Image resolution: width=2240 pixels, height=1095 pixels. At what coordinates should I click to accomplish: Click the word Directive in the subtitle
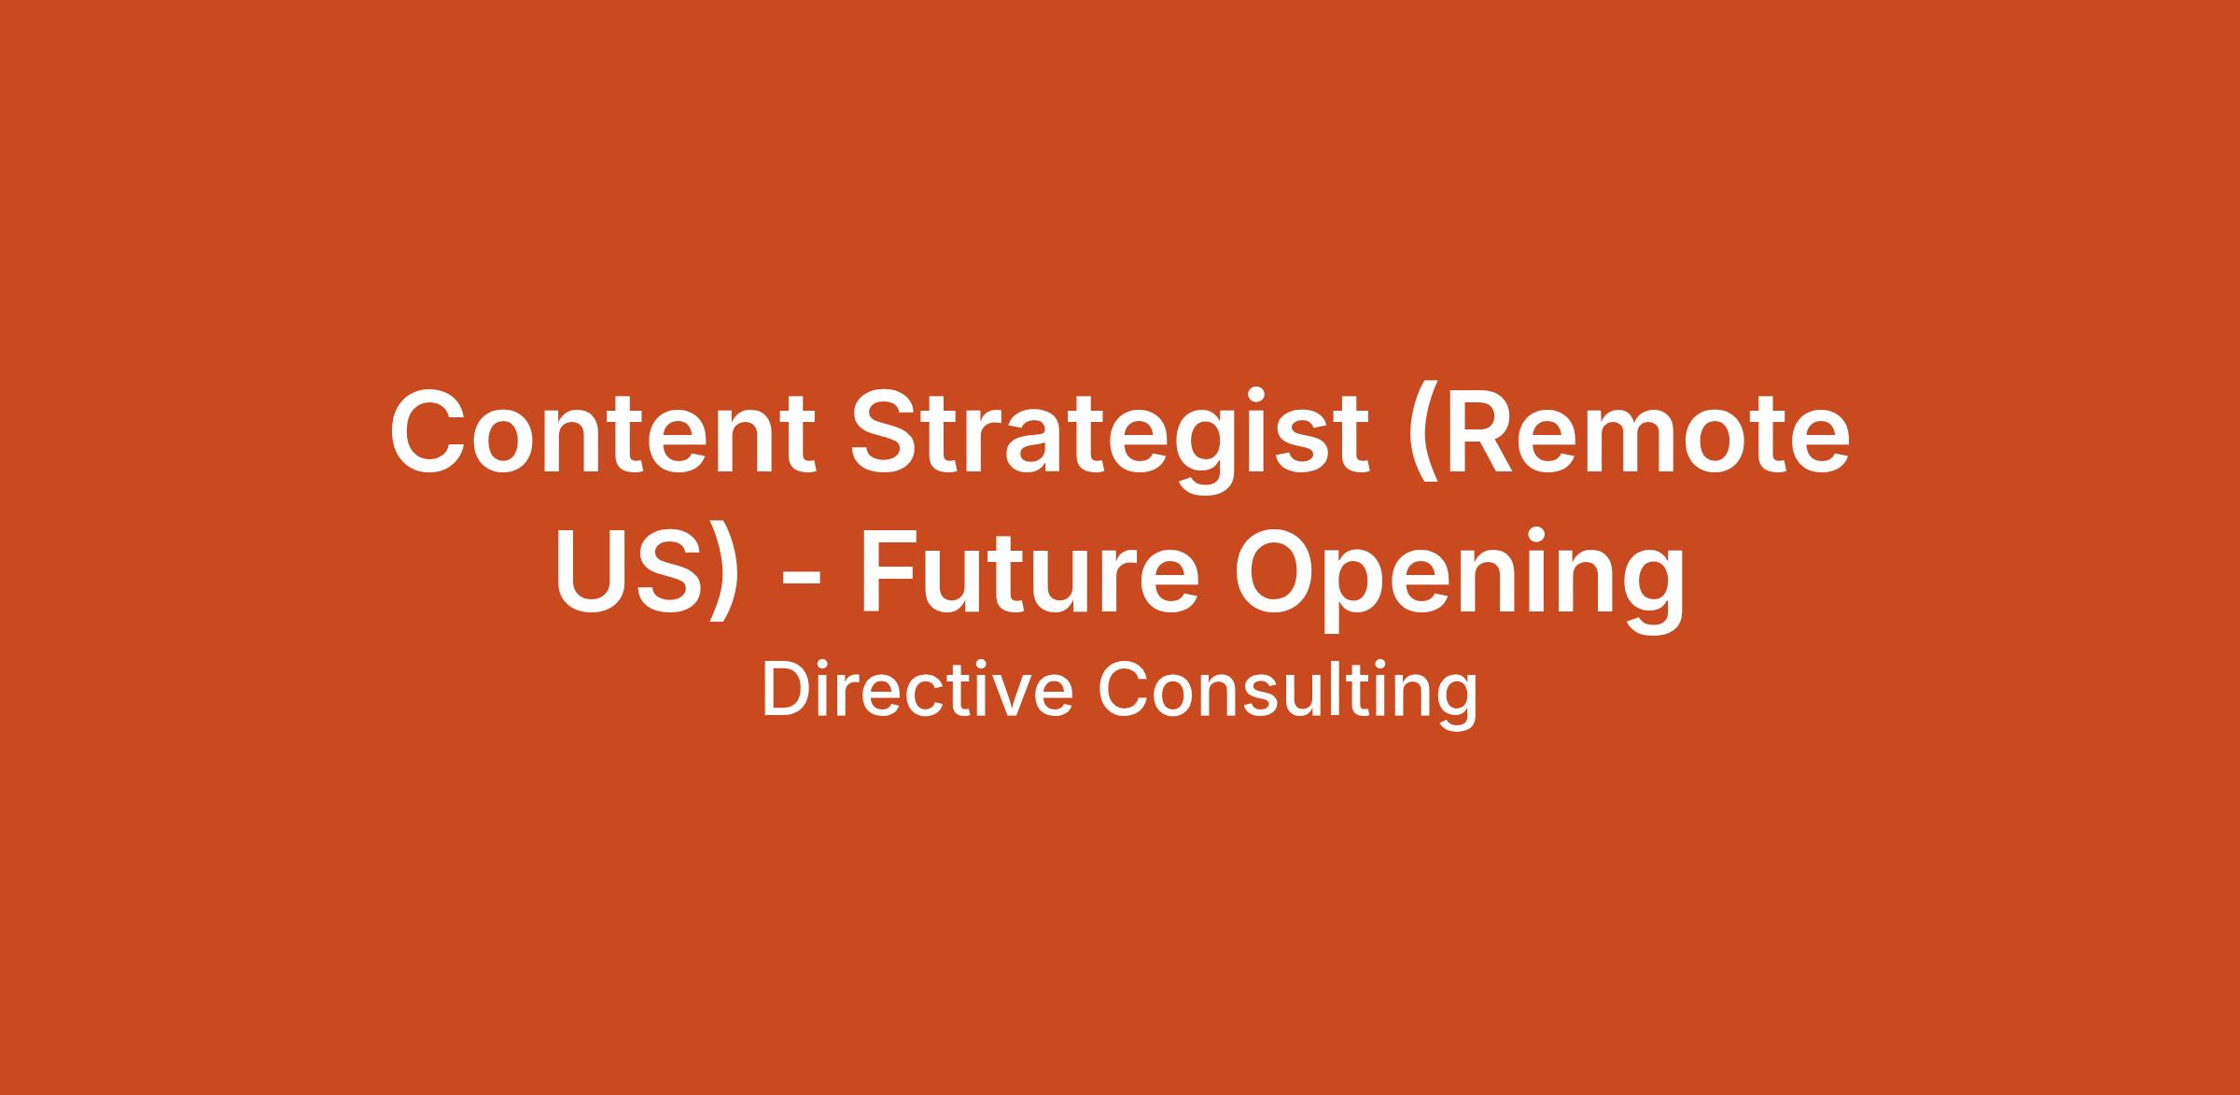pyautogui.click(x=917, y=691)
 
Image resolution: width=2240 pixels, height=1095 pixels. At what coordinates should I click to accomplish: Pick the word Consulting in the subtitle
pyautogui.click(x=1287, y=695)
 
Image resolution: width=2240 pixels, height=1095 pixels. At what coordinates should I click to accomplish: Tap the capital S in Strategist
pyautogui.click(x=887, y=430)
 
